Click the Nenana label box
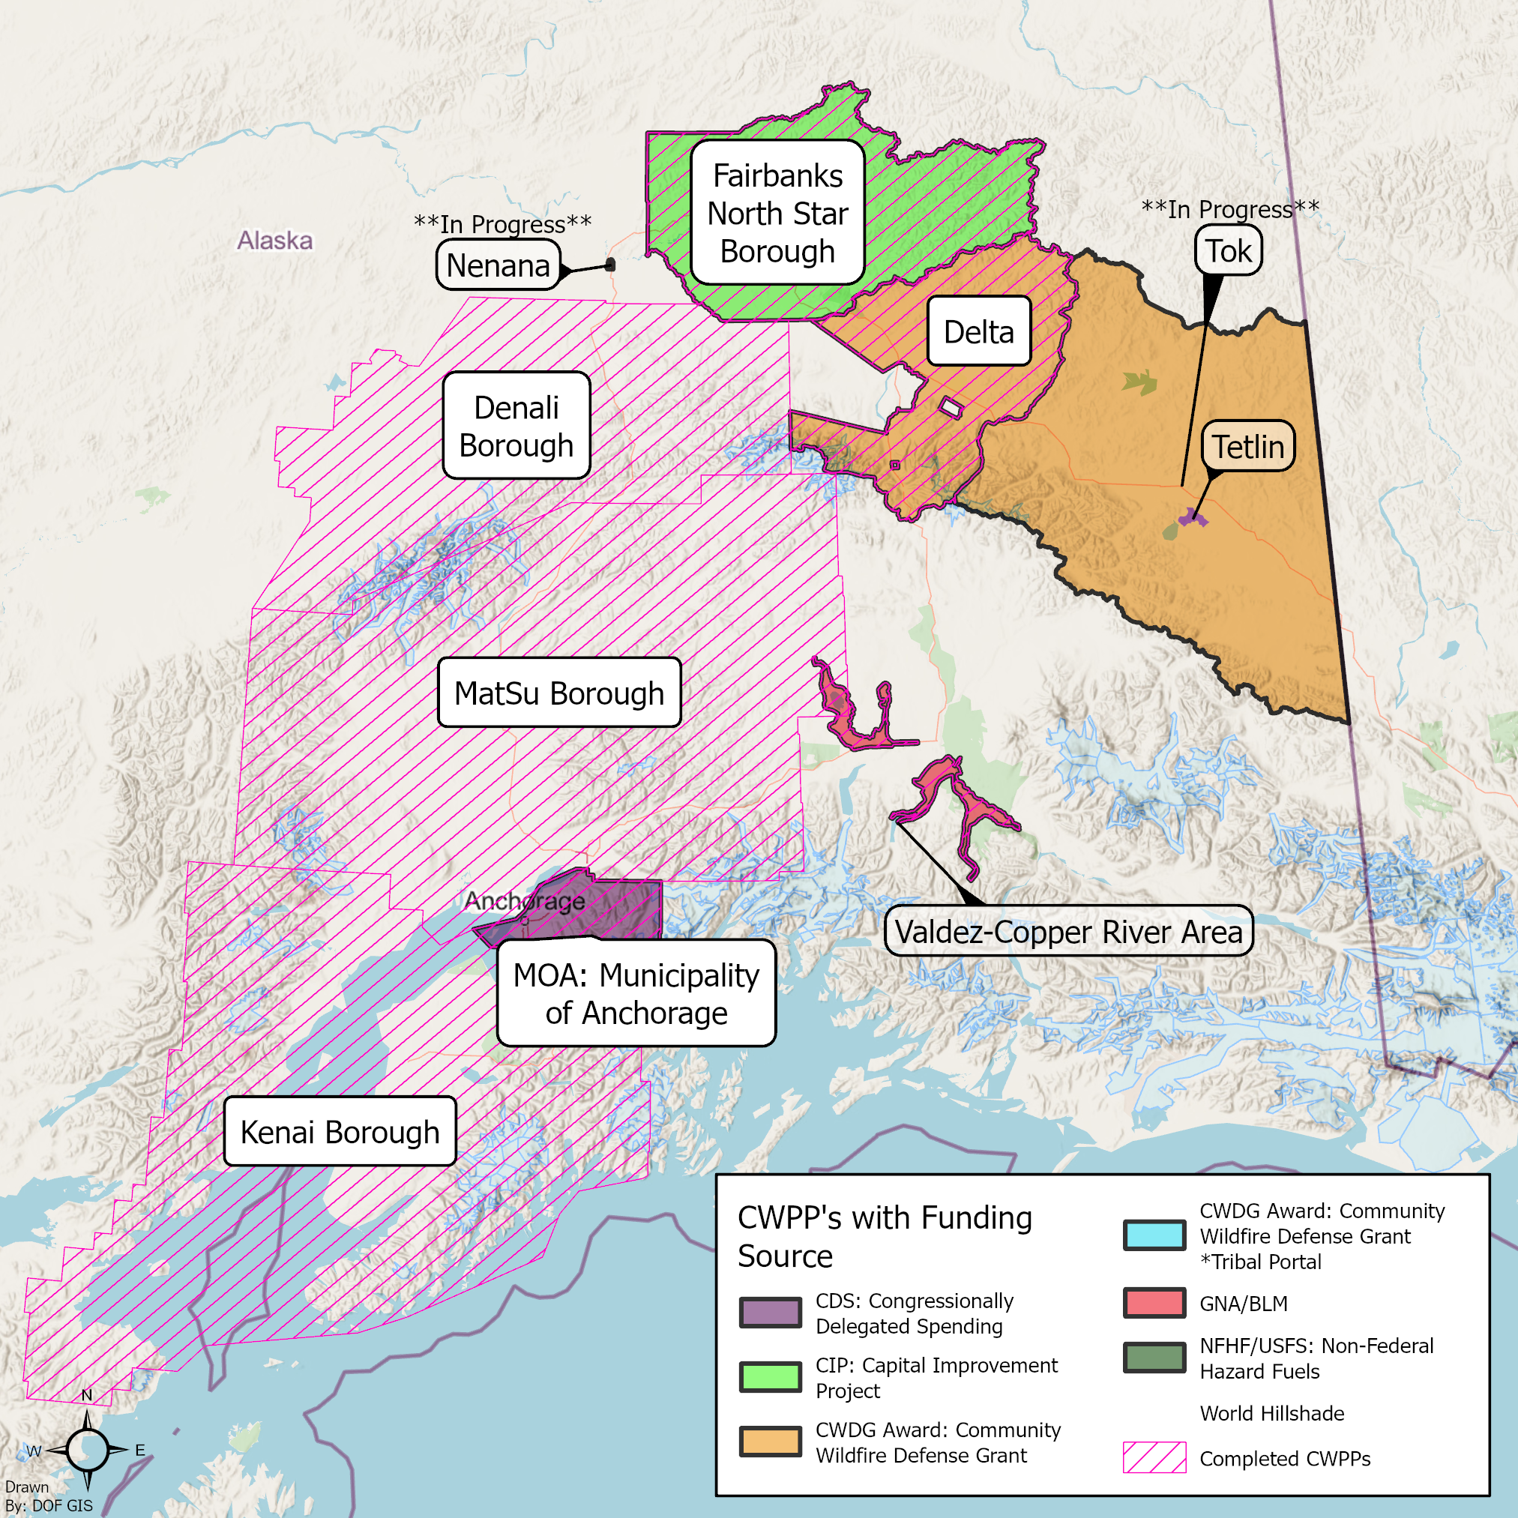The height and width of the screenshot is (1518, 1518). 499,265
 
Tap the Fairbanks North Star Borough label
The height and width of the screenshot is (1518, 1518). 777,213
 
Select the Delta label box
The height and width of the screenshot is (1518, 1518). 978,331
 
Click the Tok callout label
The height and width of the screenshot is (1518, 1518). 1228,250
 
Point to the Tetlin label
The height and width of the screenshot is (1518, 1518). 1247,446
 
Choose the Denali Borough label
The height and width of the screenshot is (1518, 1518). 516,426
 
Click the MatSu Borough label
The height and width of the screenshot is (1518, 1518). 558,693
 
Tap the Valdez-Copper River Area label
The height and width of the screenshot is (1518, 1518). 1067,931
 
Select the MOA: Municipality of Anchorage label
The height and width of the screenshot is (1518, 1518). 636,993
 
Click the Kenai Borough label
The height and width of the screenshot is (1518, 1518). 340,1131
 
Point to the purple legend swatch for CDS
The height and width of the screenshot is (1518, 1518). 770,1312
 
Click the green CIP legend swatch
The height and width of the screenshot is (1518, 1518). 770,1376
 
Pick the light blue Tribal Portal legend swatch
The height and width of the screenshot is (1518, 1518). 1154,1235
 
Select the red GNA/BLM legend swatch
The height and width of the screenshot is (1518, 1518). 1154,1303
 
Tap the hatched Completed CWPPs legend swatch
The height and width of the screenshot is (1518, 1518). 1154,1457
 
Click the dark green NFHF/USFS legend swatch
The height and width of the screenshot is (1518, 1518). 1154,1358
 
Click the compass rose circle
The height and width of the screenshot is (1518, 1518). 87,1450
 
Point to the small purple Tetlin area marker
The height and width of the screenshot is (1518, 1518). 1192,518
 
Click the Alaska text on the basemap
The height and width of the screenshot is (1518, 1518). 275,241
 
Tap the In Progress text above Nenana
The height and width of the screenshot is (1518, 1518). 503,224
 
